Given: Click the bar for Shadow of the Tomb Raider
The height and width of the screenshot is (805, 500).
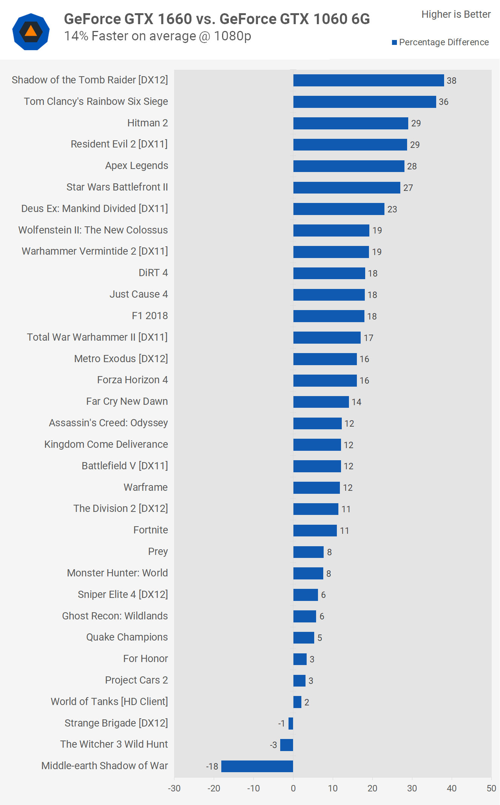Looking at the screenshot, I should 368,80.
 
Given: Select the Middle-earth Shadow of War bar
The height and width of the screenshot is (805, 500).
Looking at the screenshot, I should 257,766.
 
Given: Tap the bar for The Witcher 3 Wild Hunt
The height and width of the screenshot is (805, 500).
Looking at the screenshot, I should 287,745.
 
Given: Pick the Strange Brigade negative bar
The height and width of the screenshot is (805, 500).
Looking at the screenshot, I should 291,724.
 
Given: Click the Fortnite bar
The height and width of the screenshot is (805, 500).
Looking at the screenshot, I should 315,530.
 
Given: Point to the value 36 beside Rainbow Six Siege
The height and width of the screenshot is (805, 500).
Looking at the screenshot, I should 444,102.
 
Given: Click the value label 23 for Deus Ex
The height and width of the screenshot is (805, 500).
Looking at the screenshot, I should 392,209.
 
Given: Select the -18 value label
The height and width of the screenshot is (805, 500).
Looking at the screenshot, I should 212,767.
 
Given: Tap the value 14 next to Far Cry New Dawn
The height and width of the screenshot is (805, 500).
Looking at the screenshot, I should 356,402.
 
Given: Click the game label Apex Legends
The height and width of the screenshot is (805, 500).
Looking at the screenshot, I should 136,166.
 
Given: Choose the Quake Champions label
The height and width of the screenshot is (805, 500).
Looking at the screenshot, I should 127,637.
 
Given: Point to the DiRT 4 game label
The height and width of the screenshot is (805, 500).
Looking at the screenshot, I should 153,273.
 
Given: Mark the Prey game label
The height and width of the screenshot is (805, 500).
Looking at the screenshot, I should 158,552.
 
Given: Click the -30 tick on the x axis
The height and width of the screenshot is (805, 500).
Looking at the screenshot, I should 174,788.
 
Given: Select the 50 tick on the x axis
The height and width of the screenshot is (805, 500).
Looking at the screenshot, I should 491,788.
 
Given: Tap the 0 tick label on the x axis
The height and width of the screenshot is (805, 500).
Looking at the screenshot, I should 293,788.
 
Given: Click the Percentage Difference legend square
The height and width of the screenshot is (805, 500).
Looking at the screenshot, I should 394,42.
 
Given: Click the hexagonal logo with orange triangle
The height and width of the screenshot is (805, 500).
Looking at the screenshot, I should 31,32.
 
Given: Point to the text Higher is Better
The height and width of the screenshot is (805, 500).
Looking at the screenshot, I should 456,14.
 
